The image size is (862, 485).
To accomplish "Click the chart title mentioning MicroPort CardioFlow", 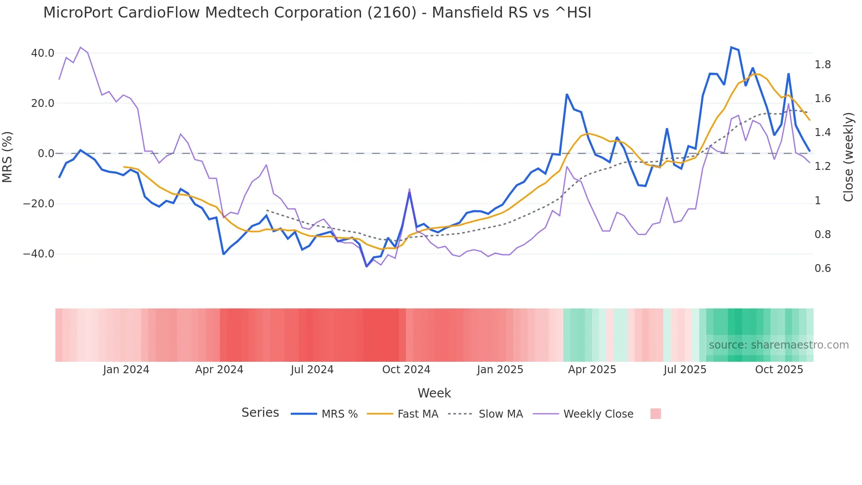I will click(x=317, y=13).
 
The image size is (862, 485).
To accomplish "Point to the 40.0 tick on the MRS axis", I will click(x=43, y=53).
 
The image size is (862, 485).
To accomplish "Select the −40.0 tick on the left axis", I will click(x=39, y=254).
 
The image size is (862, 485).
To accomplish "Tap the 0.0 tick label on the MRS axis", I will click(x=46, y=154).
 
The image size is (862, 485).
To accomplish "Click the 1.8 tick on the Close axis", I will click(x=822, y=65).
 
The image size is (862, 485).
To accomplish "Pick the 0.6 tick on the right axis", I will click(x=822, y=268).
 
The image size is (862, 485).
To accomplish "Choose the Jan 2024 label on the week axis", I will click(x=126, y=370).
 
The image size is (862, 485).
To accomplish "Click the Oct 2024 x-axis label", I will click(x=406, y=370).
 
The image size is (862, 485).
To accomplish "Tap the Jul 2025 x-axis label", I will click(x=685, y=370).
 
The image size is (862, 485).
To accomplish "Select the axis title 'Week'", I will click(x=434, y=393).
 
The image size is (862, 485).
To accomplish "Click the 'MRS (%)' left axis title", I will click(x=7, y=157).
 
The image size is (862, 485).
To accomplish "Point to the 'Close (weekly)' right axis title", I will click(x=848, y=157).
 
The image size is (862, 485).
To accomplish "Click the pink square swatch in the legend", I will click(x=655, y=414).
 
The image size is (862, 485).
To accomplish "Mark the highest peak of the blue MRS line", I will click(x=731, y=47).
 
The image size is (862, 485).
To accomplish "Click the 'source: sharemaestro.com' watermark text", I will click(x=778, y=345).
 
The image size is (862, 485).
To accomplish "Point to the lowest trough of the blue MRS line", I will click(x=367, y=266).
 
